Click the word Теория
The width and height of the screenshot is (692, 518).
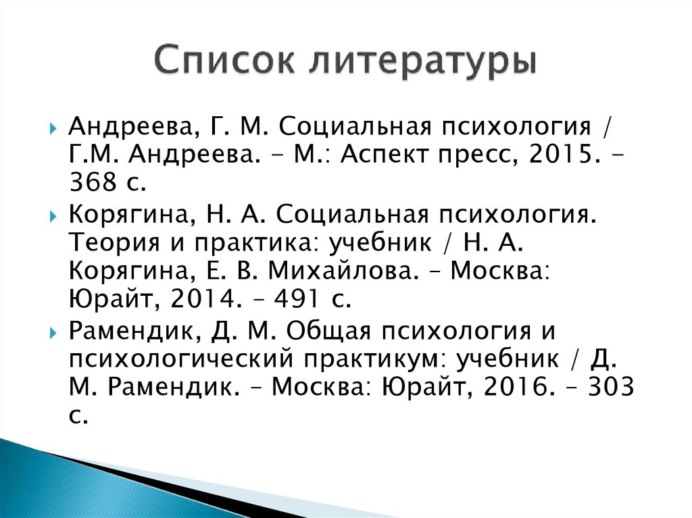point(116,242)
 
